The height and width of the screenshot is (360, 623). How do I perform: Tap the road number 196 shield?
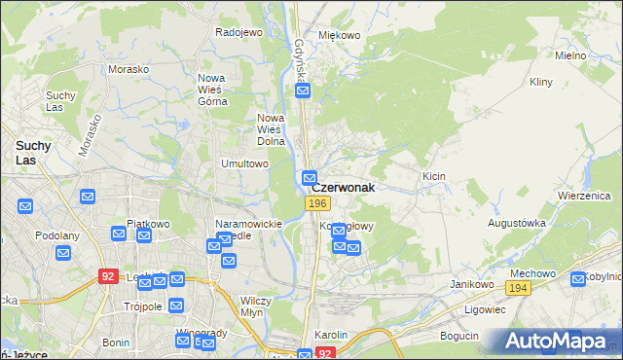click(x=315, y=202)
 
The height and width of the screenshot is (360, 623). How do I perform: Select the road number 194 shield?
click(x=517, y=288)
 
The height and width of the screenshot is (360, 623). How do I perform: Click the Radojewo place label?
click(x=239, y=32)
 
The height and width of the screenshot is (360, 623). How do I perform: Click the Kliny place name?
click(x=540, y=84)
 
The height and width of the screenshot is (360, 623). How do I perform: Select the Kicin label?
click(x=433, y=176)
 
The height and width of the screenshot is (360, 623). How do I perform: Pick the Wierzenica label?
click(x=583, y=195)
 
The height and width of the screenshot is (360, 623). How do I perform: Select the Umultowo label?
click(x=244, y=163)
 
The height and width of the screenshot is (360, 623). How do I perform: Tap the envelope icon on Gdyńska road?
click(x=303, y=91)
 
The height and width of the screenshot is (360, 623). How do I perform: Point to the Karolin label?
click(x=331, y=334)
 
